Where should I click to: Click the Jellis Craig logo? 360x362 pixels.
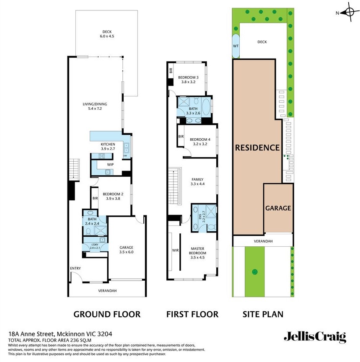[x=315, y=336]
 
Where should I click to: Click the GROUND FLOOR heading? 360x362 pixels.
[x=107, y=314]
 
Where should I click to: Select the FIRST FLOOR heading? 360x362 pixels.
[x=192, y=314]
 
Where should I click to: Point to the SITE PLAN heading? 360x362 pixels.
[x=263, y=314]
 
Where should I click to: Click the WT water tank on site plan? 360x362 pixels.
[x=236, y=46]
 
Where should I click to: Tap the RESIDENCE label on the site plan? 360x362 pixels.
[x=257, y=147]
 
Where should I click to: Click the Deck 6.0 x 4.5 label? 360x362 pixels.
[x=107, y=34]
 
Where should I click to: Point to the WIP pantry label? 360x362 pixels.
[x=111, y=165]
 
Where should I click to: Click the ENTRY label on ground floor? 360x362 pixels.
[x=75, y=269]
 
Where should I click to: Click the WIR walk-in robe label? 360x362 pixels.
[x=175, y=251]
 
